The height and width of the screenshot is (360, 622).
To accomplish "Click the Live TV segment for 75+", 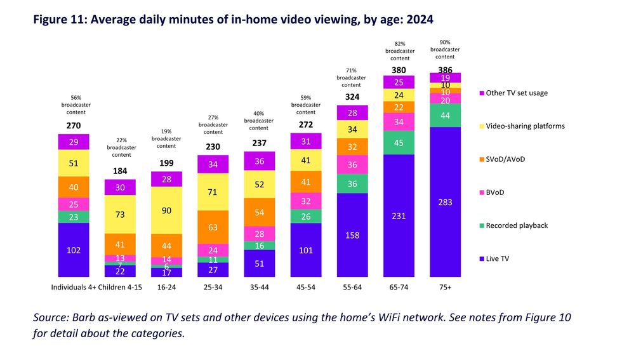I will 445,202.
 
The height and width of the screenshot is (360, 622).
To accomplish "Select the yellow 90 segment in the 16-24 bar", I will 166,210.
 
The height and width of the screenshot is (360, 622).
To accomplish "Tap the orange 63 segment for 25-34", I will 213,227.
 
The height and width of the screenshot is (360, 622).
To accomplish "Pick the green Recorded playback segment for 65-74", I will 399,142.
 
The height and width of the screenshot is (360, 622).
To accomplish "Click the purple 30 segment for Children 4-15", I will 120,188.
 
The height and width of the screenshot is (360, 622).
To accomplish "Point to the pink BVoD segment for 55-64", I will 352,164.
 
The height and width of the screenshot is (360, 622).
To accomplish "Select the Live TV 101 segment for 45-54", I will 306,250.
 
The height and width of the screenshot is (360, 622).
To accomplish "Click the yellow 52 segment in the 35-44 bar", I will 259,184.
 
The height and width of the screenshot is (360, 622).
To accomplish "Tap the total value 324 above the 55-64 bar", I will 352,97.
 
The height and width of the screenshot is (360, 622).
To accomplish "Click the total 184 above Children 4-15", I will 120,171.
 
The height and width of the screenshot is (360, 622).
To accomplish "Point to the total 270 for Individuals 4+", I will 74,125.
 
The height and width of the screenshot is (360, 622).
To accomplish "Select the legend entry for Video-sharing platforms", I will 524,126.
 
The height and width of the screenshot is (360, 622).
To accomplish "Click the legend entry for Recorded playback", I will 517,225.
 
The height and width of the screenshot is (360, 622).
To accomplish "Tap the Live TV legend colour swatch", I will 480,258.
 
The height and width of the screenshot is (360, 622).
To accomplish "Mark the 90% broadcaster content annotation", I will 445,49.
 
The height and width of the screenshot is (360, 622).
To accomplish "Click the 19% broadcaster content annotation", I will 166,139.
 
